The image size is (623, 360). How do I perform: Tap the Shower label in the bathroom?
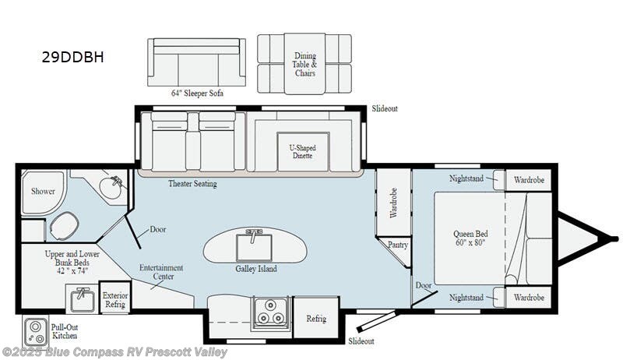[43, 190]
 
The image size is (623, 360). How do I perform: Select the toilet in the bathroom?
[63, 227]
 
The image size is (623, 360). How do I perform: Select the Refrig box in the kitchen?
[316, 319]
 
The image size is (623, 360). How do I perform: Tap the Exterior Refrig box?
[115, 301]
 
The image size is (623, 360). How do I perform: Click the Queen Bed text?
[471, 238]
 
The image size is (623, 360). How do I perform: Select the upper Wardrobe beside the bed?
[529, 179]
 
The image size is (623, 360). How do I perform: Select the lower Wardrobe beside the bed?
[529, 298]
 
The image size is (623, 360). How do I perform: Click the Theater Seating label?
[192, 184]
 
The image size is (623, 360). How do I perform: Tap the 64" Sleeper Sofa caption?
[197, 94]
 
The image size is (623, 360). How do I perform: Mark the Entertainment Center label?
[161, 272]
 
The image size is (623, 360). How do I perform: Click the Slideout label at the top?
[385, 108]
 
